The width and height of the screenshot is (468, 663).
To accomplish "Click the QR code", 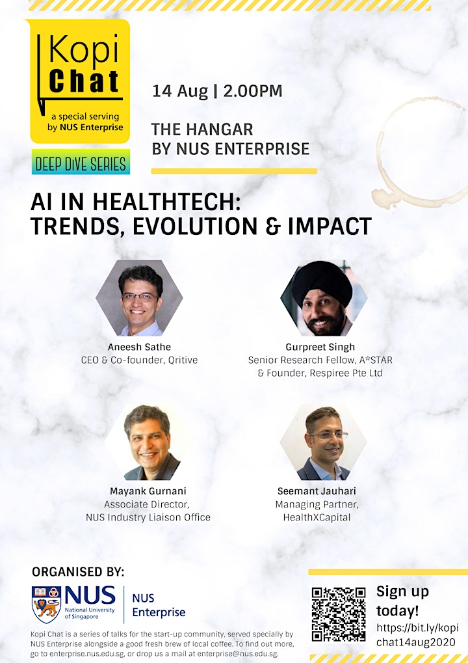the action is [x=339, y=614].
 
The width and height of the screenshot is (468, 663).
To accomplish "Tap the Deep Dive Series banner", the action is [x=80, y=163].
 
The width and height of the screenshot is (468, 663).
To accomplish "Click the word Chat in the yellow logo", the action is [x=84, y=81].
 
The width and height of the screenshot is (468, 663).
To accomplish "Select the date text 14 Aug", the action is [x=180, y=91].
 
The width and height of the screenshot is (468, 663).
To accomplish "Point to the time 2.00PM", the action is [x=253, y=91].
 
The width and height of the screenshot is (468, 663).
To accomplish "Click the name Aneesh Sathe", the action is [x=139, y=347].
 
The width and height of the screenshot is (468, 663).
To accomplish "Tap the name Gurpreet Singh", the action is [x=320, y=347].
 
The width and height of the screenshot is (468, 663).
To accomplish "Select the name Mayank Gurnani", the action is [x=148, y=491].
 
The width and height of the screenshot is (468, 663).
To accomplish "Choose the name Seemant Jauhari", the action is [x=317, y=491].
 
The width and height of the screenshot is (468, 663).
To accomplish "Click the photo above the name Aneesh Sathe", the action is [x=139, y=298].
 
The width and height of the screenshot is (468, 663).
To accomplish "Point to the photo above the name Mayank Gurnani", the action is [x=148, y=442].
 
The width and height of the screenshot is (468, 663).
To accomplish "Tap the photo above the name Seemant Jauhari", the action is [x=323, y=442].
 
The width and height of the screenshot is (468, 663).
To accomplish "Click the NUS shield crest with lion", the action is [x=46, y=604].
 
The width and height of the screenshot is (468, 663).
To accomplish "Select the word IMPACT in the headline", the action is [x=330, y=226].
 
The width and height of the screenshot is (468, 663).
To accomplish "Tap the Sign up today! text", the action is [x=402, y=601].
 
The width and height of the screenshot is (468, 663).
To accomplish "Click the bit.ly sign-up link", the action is [x=417, y=635].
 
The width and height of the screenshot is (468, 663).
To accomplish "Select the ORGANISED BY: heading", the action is [x=78, y=572].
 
